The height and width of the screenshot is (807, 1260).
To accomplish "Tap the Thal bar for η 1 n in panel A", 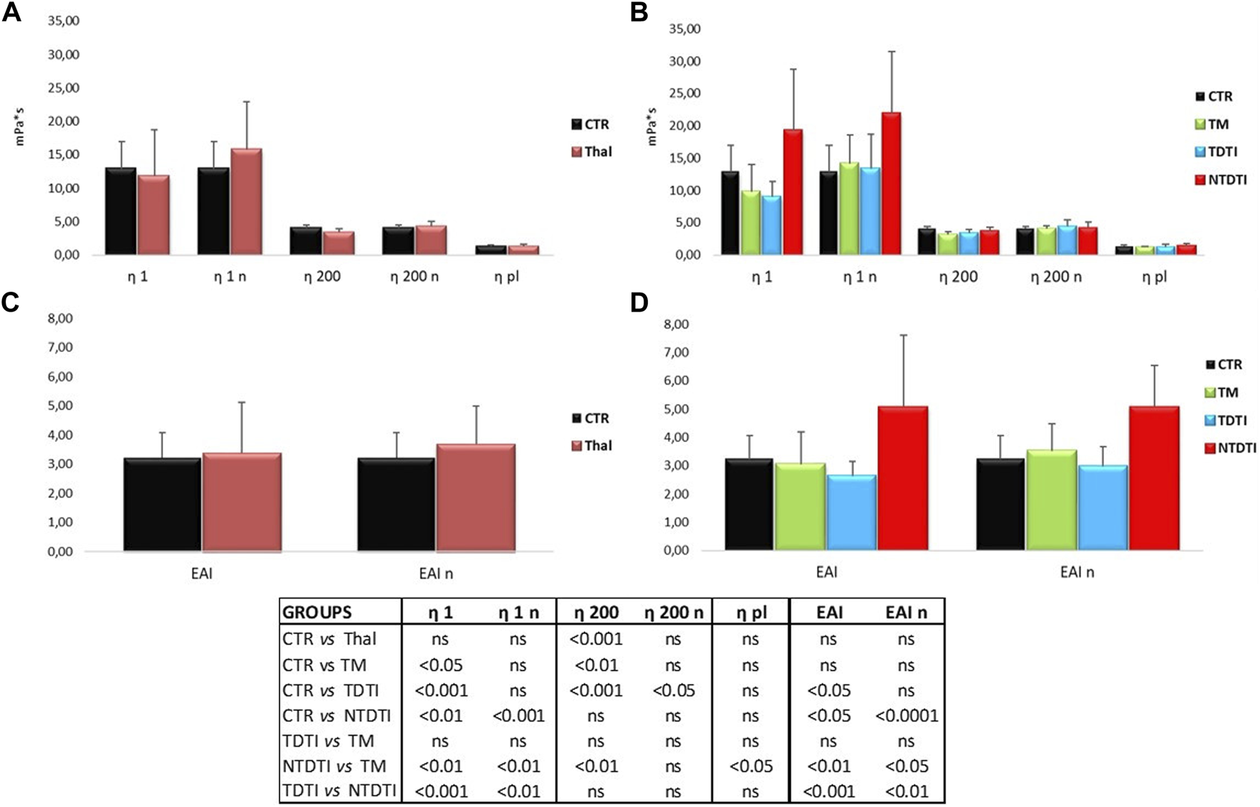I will [x=245, y=202].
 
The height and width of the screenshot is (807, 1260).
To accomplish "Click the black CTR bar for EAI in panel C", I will [x=162, y=505].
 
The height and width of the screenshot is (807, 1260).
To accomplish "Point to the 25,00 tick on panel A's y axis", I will [x=63, y=88].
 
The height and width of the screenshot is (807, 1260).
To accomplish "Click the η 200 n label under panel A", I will [x=414, y=277].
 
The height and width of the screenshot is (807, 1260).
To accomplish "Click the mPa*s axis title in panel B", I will [x=652, y=126].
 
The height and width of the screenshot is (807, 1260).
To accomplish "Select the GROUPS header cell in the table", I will [x=317, y=613].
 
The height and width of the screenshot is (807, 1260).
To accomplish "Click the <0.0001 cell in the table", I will [x=907, y=716].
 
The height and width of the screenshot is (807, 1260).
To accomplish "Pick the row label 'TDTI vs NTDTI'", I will [x=339, y=791].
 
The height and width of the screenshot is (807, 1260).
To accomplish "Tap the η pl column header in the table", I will [x=751, y=613].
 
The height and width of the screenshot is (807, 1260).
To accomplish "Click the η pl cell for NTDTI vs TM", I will [x=751, y=766].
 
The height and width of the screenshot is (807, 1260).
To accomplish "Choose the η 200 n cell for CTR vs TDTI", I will [x=673, y=690].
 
